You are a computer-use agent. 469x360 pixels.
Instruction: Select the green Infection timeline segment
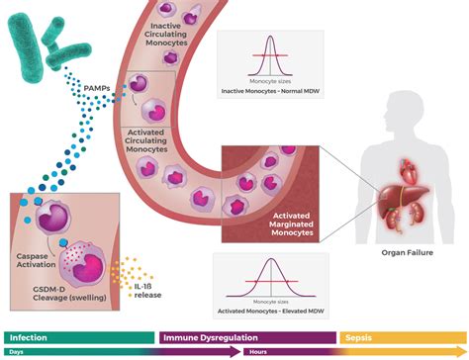click(79, 337)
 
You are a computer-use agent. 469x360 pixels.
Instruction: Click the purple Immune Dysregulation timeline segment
click(247, 337)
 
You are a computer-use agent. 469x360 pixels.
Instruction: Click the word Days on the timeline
click(17, 352)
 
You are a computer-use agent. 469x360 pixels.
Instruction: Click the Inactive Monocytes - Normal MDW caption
click(269, 92)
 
